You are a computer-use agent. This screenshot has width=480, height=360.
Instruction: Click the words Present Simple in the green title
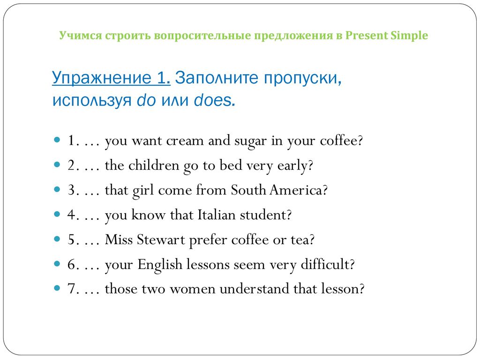(x=387, y=36)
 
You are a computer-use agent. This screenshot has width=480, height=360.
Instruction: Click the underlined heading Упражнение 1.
(x=111, y=77)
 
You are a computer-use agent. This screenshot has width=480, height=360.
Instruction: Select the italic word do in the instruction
(x=146, y=100)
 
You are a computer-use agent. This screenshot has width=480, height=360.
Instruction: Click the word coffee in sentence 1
(x=338, y=141)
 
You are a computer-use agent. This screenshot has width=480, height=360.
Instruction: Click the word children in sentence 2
(x=153, y=165)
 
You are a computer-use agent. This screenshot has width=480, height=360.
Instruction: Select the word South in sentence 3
(x=248, y=190)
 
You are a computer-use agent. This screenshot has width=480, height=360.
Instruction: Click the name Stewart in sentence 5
(x=161, y=240)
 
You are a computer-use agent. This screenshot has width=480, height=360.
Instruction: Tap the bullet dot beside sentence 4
(x=57, y=214)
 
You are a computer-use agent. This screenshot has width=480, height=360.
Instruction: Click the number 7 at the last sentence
(x=71, y=289)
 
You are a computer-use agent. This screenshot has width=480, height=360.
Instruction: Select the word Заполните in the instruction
(x=217, y=77)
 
